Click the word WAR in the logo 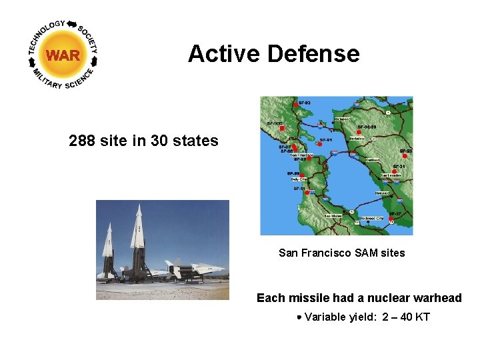point(63,55)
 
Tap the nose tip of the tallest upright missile point(139,205)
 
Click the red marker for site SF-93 point(295,105)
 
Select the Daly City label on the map point(299,179)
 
